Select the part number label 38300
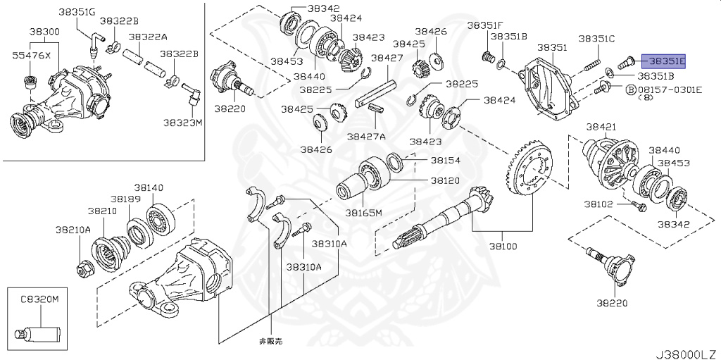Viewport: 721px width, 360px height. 44,32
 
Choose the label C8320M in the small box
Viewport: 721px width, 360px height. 39,299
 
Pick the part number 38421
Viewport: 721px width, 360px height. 601,127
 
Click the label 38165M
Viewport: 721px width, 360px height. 363,212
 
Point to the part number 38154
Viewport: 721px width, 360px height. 445,161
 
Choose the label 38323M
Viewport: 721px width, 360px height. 183,122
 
